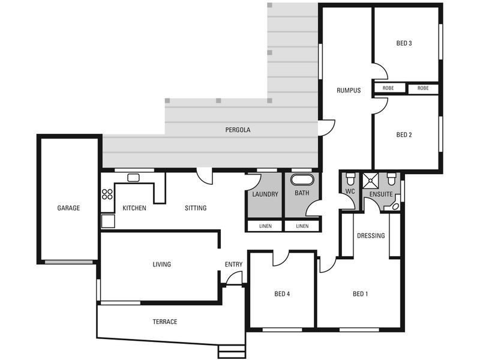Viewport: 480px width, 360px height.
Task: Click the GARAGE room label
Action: pos(68,208)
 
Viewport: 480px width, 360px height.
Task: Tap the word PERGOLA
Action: pos(238,130)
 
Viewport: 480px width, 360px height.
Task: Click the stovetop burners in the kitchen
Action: pos(107,194)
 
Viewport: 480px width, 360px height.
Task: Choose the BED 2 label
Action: pos(404,135)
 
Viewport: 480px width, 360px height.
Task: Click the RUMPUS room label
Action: pos(348,91)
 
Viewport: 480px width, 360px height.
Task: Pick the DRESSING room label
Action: pos(371,236)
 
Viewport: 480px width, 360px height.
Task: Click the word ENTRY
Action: pos(233,265)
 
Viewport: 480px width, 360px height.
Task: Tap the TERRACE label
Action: pos(164,322)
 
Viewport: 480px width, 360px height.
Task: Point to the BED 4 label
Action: pos(282,294)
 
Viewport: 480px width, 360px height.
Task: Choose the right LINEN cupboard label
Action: pos(302,226)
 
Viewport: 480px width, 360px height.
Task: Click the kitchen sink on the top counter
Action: pos(133,177)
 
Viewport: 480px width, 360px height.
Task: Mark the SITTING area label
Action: pos(196,208)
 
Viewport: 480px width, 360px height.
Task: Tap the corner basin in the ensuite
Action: pos(395,206)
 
